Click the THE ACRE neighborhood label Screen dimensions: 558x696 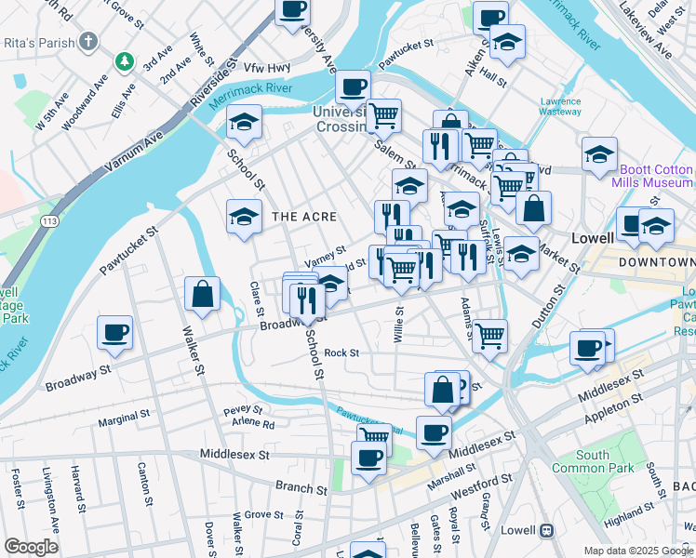tap(303, 217)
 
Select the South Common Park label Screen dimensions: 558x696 tap(593, 461)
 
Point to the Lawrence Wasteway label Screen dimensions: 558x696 tap(561, 106)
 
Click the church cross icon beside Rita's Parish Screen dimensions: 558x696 tap(88, 42)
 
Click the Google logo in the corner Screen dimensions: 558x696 tap(31, 547)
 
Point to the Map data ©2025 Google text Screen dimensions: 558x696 tap(638, 550)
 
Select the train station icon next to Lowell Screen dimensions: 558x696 tap(546, 531)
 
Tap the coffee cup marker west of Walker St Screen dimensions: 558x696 tap(114, 333)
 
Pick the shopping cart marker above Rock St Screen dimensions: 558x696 tap(489, 336)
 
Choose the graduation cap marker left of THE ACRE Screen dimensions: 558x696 tap(244, 217)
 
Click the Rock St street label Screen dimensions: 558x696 tap(341, 352)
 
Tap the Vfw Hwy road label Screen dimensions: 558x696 tap(267, 68)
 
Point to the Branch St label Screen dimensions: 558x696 tap(301, 487)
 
